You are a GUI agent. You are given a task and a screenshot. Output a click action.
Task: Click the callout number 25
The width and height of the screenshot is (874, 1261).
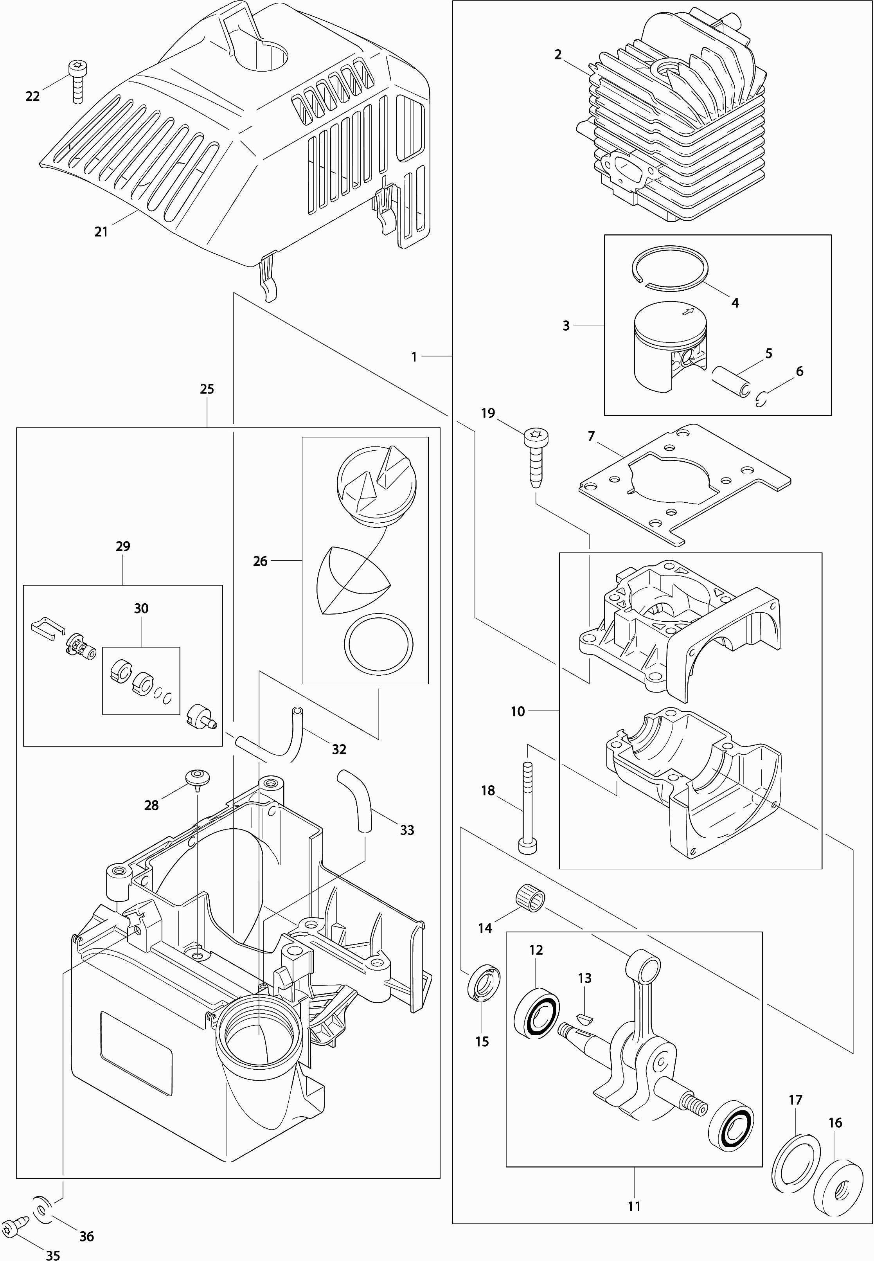(207, 389)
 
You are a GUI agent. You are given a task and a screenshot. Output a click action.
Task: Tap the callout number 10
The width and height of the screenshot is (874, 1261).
(518, 711)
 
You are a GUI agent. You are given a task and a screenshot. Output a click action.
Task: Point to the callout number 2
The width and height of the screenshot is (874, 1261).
(557, 55)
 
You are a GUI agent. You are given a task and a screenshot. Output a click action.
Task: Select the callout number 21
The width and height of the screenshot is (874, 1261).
(101, 232)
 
